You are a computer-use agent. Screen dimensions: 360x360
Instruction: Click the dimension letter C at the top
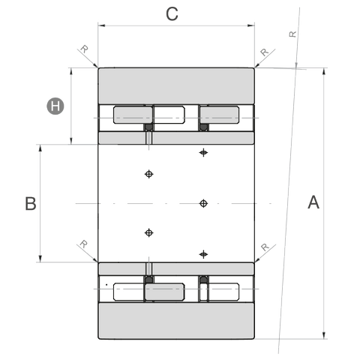pos(172,14)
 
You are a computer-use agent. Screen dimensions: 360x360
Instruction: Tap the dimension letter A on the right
pos(313,202)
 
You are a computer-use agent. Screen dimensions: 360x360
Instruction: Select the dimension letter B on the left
pos(31,203)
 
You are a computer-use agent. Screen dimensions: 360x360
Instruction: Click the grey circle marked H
pos(55,106)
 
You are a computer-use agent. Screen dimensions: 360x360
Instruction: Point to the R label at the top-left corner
pos(85,49)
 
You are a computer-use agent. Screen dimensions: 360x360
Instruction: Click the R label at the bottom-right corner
pos(265,247)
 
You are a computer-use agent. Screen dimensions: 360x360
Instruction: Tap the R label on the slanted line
pos(292,34)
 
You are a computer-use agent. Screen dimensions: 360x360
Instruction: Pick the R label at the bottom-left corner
pos(83,244)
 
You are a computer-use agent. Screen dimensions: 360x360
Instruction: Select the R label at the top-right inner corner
pos(264,52)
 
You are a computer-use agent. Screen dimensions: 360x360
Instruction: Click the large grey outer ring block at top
pos(176,85)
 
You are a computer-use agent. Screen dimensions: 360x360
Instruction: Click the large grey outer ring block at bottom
pos(176,321)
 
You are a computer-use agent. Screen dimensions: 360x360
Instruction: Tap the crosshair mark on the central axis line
pos(203,203)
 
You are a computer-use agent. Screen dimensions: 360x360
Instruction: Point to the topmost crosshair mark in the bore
pos(203,152)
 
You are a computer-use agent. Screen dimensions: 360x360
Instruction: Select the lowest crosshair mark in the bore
pos(203,254)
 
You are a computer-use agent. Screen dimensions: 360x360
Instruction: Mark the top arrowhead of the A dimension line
pos(324,71)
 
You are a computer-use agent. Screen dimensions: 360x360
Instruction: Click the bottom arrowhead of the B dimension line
pos(40,259)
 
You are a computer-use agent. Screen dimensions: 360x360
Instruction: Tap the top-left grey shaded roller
pos(133,115)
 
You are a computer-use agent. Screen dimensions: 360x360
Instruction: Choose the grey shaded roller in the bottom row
pos(165,292)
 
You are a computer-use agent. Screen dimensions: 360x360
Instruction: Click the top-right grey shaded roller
pos(220,115)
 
